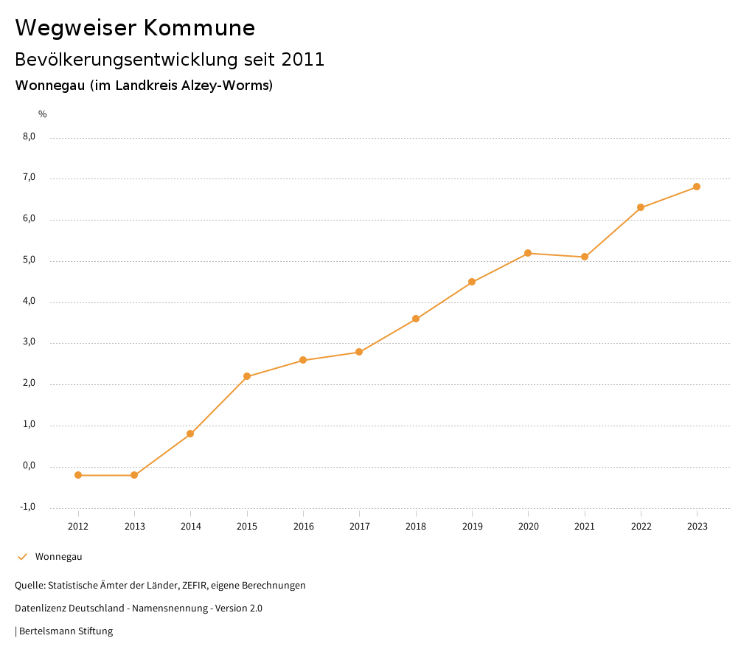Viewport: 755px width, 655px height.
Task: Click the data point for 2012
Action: click(x=78, y=475)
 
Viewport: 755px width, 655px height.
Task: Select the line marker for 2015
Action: click(x=247, y=376)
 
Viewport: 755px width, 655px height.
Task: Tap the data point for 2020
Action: click(x=528, y=253)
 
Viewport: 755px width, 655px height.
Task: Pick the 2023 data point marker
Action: click(x=697, y=187)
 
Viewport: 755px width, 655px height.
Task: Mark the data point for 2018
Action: click(x=416, y=319)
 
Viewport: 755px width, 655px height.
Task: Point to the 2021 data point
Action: click(x=585, y=257)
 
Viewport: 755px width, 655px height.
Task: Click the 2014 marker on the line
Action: click(x=190, y=434)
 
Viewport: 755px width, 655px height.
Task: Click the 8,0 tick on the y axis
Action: click(x=29, y=136)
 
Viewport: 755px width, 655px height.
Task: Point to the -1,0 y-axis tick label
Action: click(x=28, y=507)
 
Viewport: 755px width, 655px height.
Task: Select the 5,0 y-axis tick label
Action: click(x=29, y=260)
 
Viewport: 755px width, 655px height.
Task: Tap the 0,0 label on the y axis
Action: click(x=29, y=465)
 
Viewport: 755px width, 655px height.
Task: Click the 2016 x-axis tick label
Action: click(x=303, y=527)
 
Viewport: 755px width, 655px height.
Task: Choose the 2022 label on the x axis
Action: click(x=641, y=527)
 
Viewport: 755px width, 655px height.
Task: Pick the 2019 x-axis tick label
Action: click(x=472, y=527)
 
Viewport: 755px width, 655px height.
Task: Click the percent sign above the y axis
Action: click(x=43, y=114)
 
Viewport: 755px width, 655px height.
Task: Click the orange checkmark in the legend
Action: click(x=22, y=557)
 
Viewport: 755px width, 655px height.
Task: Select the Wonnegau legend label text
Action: click(x=58, y=557)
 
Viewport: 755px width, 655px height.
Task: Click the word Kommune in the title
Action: click(x=199, y=28)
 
